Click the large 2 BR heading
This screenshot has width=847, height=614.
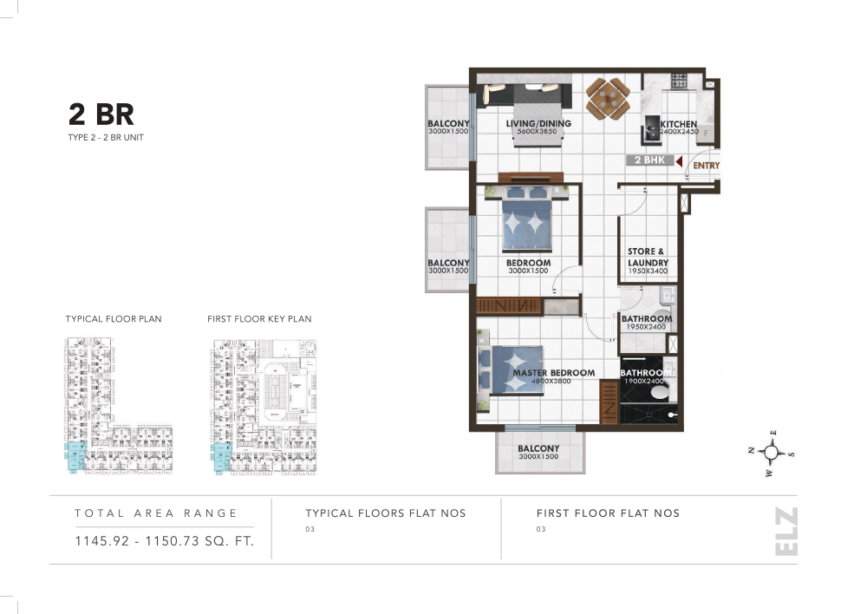(101, 114)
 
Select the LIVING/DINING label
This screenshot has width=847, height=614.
(538, 124)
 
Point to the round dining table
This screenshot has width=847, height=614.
(607, 97)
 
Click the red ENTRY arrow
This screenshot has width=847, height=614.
(680, 161)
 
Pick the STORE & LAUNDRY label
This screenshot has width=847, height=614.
(648, 257)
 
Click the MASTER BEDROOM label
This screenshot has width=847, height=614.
(553, 373)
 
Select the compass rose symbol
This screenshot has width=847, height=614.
(775, 452)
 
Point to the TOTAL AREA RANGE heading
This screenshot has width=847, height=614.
(156, 513)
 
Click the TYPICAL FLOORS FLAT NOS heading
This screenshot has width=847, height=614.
(386, 513)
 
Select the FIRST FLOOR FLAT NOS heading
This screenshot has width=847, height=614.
(608, 513)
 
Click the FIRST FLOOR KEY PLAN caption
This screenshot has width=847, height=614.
(259, 319)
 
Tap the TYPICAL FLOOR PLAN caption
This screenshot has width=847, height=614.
(114, 319)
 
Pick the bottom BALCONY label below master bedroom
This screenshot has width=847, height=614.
(538, 449)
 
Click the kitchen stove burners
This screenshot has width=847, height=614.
(678, 82)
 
